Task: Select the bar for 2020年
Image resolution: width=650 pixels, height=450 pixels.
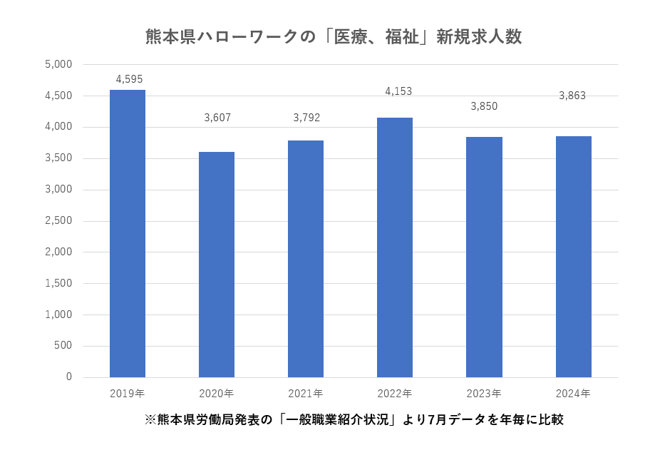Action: (x=217, y=265)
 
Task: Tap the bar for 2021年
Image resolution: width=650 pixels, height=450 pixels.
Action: (x=306, y=259)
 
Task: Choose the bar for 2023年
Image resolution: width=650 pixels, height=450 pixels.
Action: (x=484, y=257)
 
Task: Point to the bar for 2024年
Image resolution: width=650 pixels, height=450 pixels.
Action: (x=573, y=257)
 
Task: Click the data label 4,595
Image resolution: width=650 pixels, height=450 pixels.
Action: (x=129, y=79)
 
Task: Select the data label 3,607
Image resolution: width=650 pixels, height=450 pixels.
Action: (x=217, y=118)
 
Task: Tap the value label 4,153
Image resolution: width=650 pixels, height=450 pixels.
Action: (x=398, y=91)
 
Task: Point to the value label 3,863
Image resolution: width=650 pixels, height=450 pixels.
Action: (x=572, y=96)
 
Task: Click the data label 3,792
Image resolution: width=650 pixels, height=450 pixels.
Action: (x=306, y=118)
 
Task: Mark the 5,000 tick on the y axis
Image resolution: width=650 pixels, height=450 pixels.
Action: (x=58, y=64)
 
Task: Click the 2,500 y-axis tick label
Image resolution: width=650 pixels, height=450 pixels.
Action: (x=58, y=220)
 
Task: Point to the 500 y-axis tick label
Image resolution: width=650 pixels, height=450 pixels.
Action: (x=63, y=346)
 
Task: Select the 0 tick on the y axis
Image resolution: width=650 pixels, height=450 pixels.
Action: (x=69, y=377)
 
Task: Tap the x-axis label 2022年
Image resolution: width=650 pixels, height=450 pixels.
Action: (x=395, y=394)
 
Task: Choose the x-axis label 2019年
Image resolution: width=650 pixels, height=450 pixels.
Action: (x=128, y=394)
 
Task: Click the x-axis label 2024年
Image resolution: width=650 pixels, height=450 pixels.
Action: (x=573, y=394)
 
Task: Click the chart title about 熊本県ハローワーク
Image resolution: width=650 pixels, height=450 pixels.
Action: (x=334, y=36)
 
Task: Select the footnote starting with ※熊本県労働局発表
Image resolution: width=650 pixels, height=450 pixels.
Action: (x=354, y=419)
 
